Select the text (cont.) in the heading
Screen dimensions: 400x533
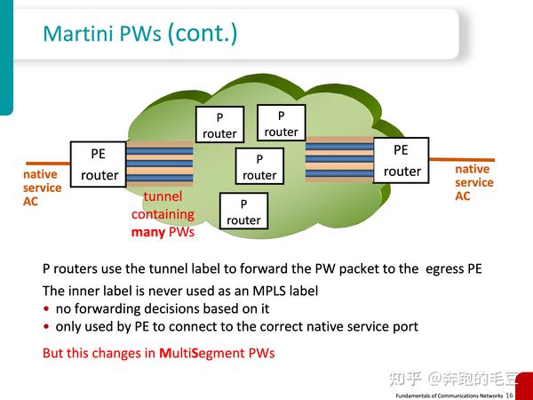click(202, 34)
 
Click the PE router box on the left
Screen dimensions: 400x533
click(99, 164)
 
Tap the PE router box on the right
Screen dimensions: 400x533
click(402, 160)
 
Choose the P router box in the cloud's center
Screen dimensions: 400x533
click(259, 166)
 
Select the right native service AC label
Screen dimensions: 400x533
click(473, 182)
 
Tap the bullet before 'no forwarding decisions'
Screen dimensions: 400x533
click(46, 309)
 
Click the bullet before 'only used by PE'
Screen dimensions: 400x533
click(46, 327)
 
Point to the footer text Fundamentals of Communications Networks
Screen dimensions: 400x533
click(448, 394)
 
